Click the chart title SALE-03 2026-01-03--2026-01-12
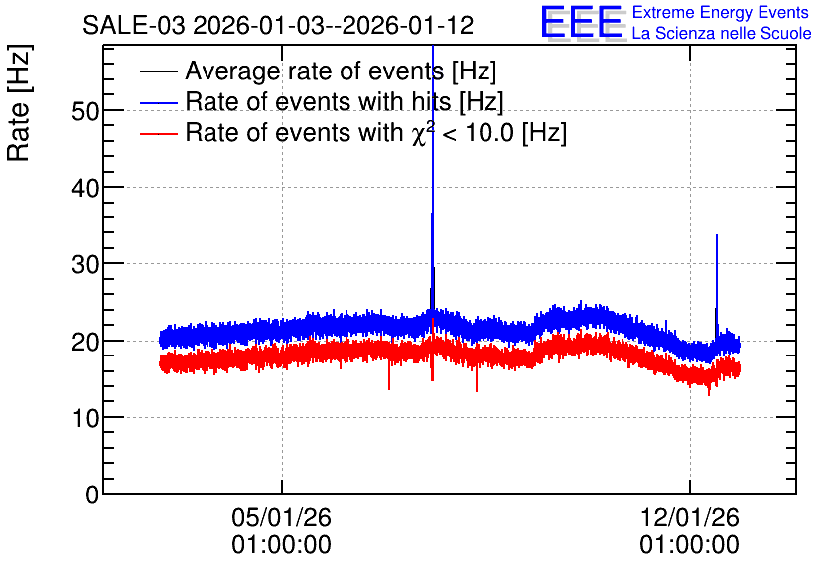pyautogui.click(x=278, y=25)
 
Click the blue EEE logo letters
pyautogui.click(x=582, y=22)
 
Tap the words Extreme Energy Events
pyautogui.click(x=721, y=12)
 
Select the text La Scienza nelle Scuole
pyautogui.click(x=722, y=33)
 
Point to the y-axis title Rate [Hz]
pyautogui.click(x=19, y=102)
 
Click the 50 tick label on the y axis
pyautogui.click(x=85, y=111)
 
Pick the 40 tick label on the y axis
pyautogui.click(x=85, y=188)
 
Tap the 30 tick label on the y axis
pyautogui.click(x=85, y=265)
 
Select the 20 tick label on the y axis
pyautogui.click(x=85, y=342)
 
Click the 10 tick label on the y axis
pyautogui.click(x=85, y=418)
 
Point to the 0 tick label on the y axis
pyautogui.click(x=92, y=495)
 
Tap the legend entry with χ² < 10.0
pyautogui.click(x=376, y=132)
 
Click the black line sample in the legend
pyautogui.click(x=159, y=71)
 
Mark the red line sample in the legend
pyautogui.click(x=159, y=133)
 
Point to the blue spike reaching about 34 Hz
pyautogui.click(x=717, y=286)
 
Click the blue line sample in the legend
pyautogui.click(x=159, y=102)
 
